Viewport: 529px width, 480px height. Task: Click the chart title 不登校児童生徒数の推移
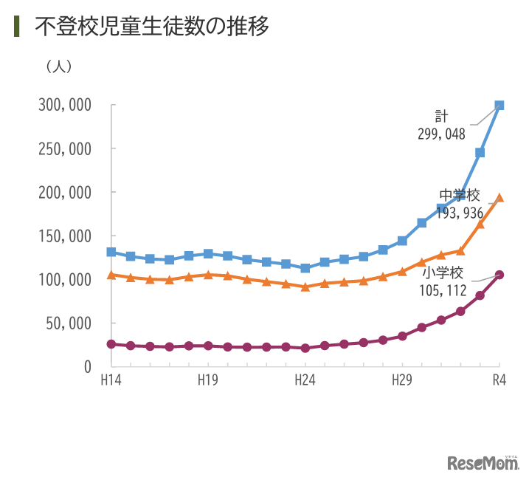151,27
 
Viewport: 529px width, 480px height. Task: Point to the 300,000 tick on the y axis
64,105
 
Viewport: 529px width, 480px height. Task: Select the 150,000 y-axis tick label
64,236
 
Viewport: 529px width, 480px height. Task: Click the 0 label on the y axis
87,366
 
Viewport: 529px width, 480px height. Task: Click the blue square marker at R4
499,106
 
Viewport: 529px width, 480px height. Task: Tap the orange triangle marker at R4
499,197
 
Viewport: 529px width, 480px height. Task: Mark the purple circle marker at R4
499,275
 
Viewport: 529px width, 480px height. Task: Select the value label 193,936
460,213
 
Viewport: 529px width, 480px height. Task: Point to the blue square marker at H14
111,252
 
